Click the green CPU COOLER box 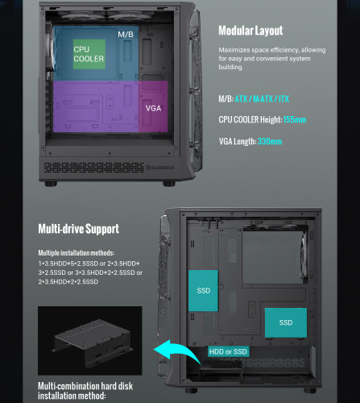pyautogui.click(x=89, y=54)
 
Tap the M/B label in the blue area pyautogui.click(x=126, y=35)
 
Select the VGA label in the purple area pyautogui.click(x=153, y=108)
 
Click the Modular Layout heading pyautogui.click(x=250, y=31)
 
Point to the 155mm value pyautogui.click(x=295, y=119)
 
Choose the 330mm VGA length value pyautogui.click(x=270, y=141)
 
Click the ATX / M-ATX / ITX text pyautogui.click(x=262, y=99)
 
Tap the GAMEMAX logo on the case pyautogui.click(x=160, y=168)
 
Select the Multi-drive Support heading pyautogui.click(x=79, y=229)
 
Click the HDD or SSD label pyautogui.click(x=228, y=351)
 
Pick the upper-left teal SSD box pyautogui.click(x=203, y=291)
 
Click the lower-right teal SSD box pyautogui.click(x=286, y=322)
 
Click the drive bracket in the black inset pyautogui.click(x=93, y=340)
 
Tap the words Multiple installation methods pyautogui.click(x=77, y=253)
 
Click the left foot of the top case pyautogui.click(x=51, y=184)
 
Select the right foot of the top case pyautogui.click(x=169, y=184)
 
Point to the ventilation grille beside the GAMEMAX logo pyautogui.click(x=94, y=168)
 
